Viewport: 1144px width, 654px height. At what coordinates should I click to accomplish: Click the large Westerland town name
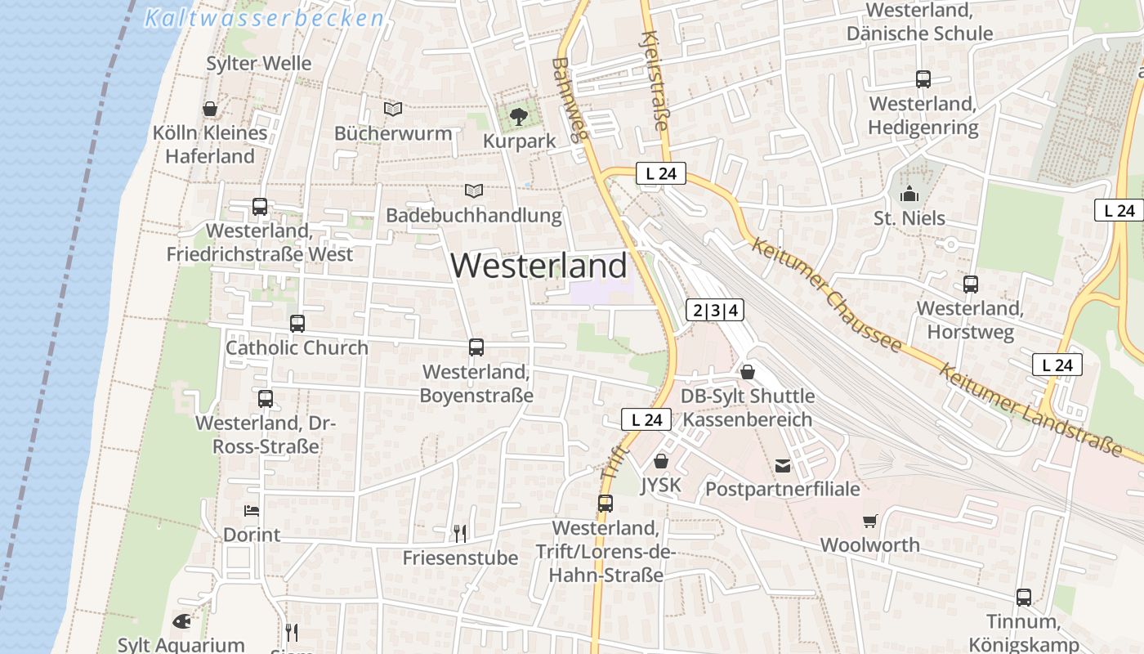(x=538, y=266)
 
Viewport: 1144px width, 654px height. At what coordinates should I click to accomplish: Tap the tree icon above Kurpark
(x=519, y=117)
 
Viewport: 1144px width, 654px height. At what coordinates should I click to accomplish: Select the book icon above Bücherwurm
(x=393, y=109)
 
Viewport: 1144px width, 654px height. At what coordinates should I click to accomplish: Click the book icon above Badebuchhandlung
(x=474, y=191)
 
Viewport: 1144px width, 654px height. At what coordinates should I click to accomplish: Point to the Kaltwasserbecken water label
(x=264, y=18)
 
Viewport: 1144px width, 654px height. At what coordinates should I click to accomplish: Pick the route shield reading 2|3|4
(x=715, y=310)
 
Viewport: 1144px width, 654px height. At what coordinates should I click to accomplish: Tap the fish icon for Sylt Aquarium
(x=181, y=621)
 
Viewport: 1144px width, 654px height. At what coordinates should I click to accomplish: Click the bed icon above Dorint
(x=252, y=511)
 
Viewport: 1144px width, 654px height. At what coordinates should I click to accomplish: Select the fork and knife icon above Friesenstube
(x=460, y=534)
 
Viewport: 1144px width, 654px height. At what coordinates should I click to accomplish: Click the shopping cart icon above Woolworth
(x=869, y=521)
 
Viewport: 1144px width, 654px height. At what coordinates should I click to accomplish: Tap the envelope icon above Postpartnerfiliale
(x=783, y=466)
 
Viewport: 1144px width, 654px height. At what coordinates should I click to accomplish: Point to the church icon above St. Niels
(x=909, y=195)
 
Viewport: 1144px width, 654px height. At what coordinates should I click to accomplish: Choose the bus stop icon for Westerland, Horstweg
(x=970, y=284)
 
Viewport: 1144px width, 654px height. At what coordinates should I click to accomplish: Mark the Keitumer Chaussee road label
(x=826, y=296)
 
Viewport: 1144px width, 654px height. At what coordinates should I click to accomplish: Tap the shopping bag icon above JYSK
(x=661, y=462)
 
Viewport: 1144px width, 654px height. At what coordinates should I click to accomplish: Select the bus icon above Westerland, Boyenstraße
(x=476, y=347)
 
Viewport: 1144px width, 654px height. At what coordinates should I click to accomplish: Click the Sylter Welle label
(x=259, y=64)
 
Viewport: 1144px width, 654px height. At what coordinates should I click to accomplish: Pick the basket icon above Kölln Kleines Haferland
(x=210, y=109)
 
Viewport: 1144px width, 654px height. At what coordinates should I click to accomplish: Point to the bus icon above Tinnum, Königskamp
(x=1023, y=598)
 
